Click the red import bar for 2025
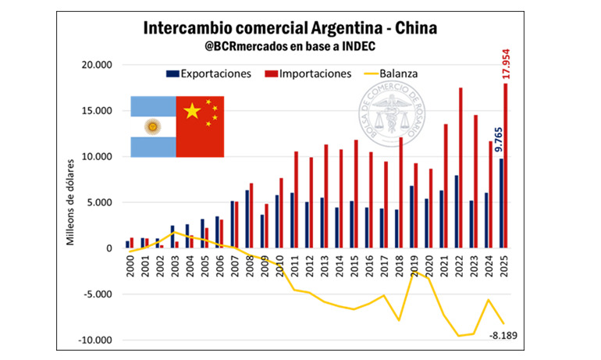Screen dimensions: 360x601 pos(505,166)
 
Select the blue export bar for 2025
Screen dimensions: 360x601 pos(500,203)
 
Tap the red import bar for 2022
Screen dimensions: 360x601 pos(461,167)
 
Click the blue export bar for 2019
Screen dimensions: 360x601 pos(411,216)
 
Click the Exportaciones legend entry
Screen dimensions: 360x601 pos(209,73)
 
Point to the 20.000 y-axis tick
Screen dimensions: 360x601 pos(98,65)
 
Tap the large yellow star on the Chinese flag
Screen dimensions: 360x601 pos(191,112)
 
